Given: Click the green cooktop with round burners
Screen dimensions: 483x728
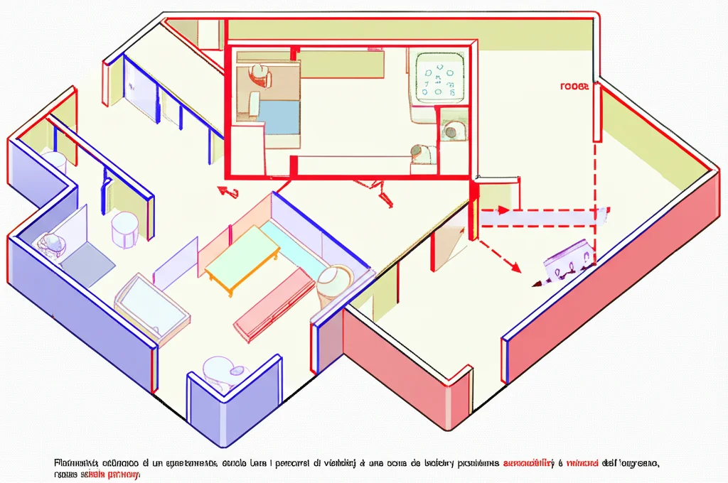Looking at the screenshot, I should pos(439,77).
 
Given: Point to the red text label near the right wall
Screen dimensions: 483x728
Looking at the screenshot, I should pos(574,87).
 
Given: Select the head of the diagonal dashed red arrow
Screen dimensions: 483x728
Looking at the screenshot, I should pos(515,268).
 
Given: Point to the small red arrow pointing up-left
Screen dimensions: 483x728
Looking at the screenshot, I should pos(227,190).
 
